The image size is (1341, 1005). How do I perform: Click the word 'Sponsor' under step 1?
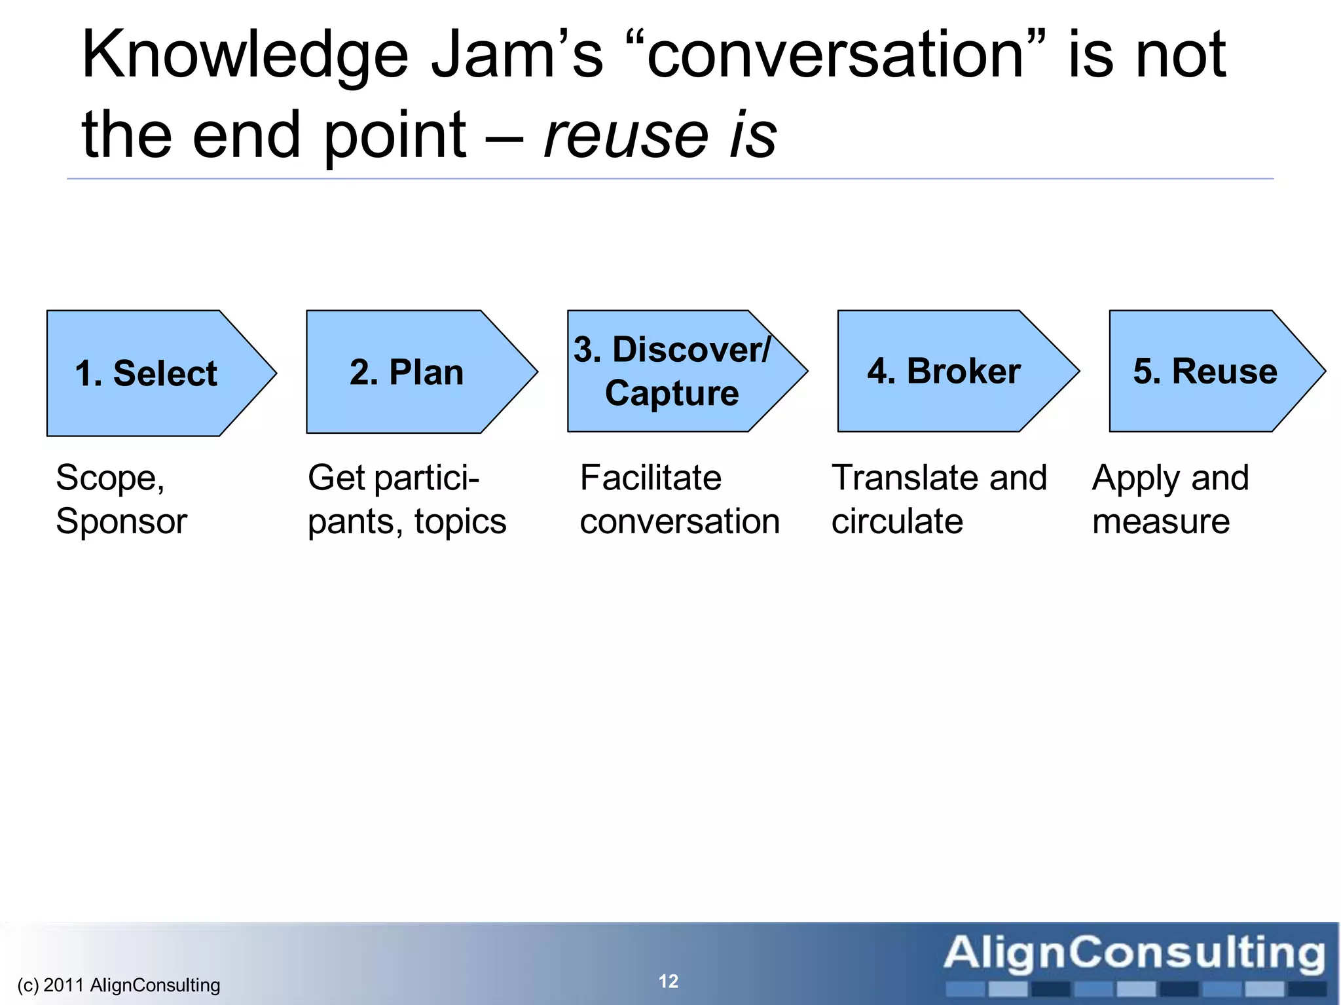[122, 521]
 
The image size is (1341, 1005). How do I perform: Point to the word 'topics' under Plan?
[460, 521]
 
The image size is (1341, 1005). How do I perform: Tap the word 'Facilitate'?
[650, 478]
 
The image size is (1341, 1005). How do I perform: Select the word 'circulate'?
[897, 521]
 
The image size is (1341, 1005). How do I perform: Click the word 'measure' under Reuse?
[1161, 521]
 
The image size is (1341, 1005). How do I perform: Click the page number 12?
[668, 981]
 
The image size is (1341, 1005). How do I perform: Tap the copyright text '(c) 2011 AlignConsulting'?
[119, 985]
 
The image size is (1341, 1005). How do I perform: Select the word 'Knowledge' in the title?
[245, 56]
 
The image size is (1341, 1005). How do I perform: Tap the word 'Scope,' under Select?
[110, 478]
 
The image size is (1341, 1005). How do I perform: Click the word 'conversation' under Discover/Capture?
[680, 521]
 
